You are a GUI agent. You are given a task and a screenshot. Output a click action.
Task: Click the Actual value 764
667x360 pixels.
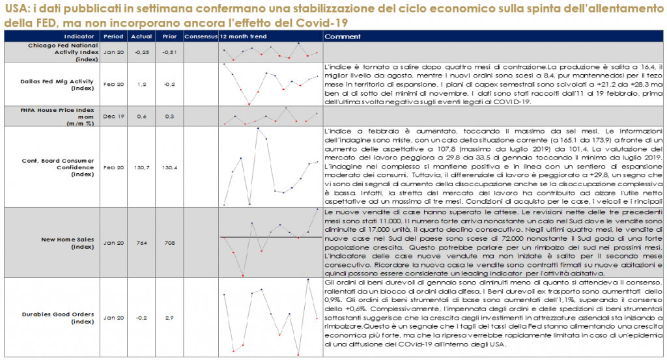click(142, 243)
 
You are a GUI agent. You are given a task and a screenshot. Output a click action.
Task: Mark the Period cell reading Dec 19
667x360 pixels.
click(114, 115)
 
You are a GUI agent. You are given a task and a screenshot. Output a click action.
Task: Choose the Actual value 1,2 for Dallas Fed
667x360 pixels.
click(142, 84)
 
